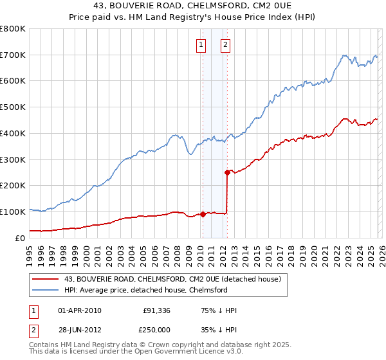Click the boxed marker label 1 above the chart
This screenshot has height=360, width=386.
click(x=201, y=44)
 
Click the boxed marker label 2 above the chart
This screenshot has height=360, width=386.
click(x=226, y=44)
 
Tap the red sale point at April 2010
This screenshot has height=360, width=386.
click(x=203, y=214)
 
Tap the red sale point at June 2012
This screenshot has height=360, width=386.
click(x=228, y=172)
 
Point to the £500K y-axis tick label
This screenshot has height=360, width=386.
click(x=13, y=107)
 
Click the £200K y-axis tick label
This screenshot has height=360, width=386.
click(x=13, y=186)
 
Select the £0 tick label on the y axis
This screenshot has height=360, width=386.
click(x=19, y=238)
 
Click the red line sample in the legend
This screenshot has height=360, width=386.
click(x=46, y=279)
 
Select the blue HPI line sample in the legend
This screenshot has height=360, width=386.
click(x=46, y=290)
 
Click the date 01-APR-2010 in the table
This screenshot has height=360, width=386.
click(x=79, y=310)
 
